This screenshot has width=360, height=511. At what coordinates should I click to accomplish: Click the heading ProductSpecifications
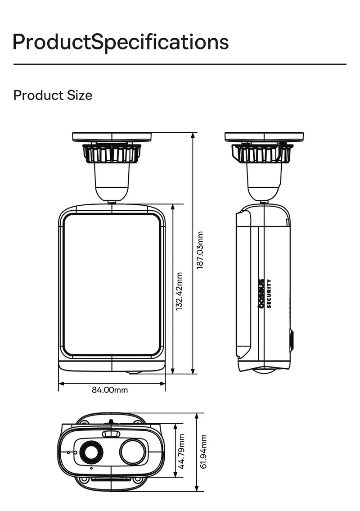click(121, 42)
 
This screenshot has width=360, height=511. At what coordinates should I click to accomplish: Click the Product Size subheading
click(53, 95)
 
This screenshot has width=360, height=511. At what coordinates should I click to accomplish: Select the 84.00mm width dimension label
click(110, 390)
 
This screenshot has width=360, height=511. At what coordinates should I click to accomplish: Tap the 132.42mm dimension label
click(180, 291)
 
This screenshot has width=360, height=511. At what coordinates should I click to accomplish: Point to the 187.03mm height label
click(200, 251)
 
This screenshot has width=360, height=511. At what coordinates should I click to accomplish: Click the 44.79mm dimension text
click(182, 451)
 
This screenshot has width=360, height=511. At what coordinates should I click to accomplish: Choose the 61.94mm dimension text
click(203, 451)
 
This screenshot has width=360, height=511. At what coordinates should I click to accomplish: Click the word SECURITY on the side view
click(269, 293)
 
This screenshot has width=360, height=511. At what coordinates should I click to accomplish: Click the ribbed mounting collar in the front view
click(112, 153)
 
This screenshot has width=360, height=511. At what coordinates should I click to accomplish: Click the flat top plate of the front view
click(112, 136)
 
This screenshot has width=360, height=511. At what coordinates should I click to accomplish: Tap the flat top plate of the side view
click(264, 136)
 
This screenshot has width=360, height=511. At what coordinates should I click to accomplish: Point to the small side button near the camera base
click(292, 340)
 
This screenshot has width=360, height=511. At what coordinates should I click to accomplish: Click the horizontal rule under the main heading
click(180, 64)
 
